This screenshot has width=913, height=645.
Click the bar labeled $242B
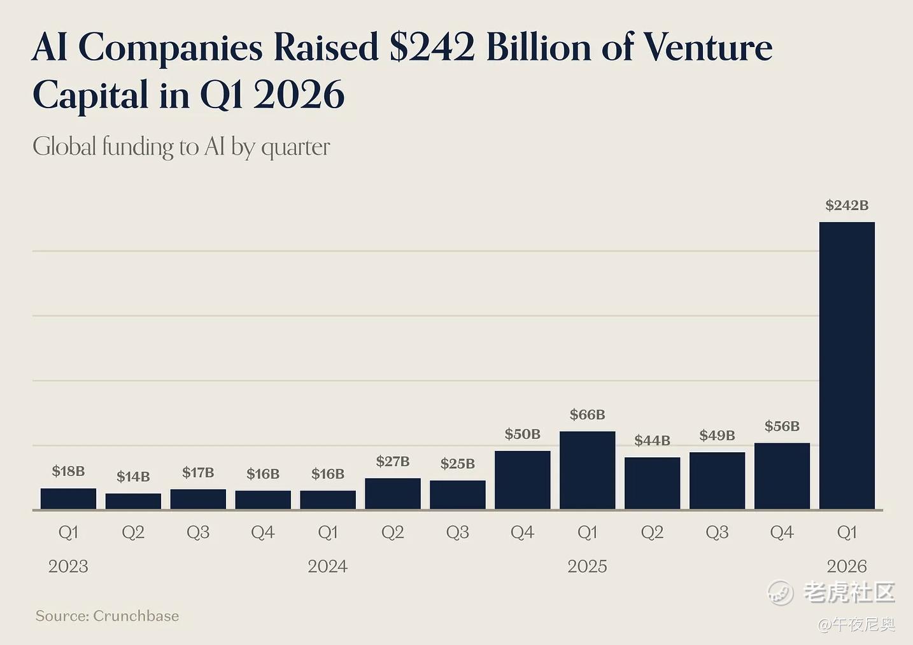point(847,366)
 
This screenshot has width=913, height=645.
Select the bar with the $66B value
point(587,470)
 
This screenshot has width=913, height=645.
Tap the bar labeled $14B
point(133,501)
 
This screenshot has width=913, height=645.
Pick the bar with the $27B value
point(393,494)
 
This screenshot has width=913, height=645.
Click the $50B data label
point(522,434)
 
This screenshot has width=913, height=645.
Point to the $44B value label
point(652,441)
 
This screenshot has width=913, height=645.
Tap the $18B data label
point(68,471)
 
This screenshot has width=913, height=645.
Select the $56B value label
point(782,426)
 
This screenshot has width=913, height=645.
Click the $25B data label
point(457,464)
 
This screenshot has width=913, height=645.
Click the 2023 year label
point(68,566)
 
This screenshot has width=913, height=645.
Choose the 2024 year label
point(327,566)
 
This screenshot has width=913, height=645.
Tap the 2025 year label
point(587,566)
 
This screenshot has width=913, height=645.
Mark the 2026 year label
point(847,566)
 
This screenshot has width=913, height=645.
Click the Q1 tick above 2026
point(847,532)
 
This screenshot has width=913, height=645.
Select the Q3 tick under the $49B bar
point(717,532)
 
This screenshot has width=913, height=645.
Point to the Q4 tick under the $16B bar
point(262,532)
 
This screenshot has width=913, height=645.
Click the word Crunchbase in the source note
point(136,616)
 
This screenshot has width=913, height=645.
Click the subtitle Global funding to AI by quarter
point(181,147)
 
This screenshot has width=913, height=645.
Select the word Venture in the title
point(708,48)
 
